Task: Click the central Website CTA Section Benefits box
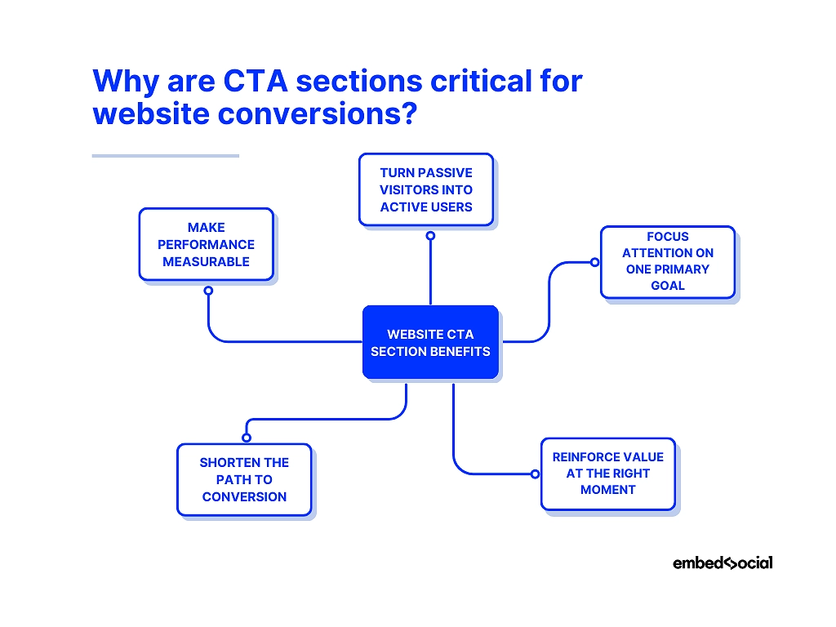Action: pyautogui.click(x=430, y=342)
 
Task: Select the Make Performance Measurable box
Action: pyautogui.click(x=207, y=244)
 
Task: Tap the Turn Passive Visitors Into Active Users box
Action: pyautogui.click(x=426, y=189)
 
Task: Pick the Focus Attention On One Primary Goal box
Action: pyautogui.click(x=668, y=261)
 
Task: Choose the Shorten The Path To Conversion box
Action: pyautogui.click(x=244, y=479)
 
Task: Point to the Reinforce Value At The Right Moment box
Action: pyautogui.click(x=608, y=474)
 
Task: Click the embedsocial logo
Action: pyautogui.click(x=723, y=563)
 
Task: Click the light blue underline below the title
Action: pyautogui.click(x=165, y=155)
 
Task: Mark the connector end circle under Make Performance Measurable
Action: pyautogui.click(x=208, y=290)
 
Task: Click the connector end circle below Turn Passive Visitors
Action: pyautogui.click(x=430, y=235)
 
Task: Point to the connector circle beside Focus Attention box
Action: pyautogui.click(x=594, y=262)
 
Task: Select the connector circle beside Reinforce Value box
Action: pyautogui.click(x=535, y=474)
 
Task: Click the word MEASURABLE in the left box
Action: pyautogui.click(x=207, y=261)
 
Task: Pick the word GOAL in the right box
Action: pyautogui.click(x=668, y=286)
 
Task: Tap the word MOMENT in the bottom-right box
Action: pyautogui.click(x=608, y=490)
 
